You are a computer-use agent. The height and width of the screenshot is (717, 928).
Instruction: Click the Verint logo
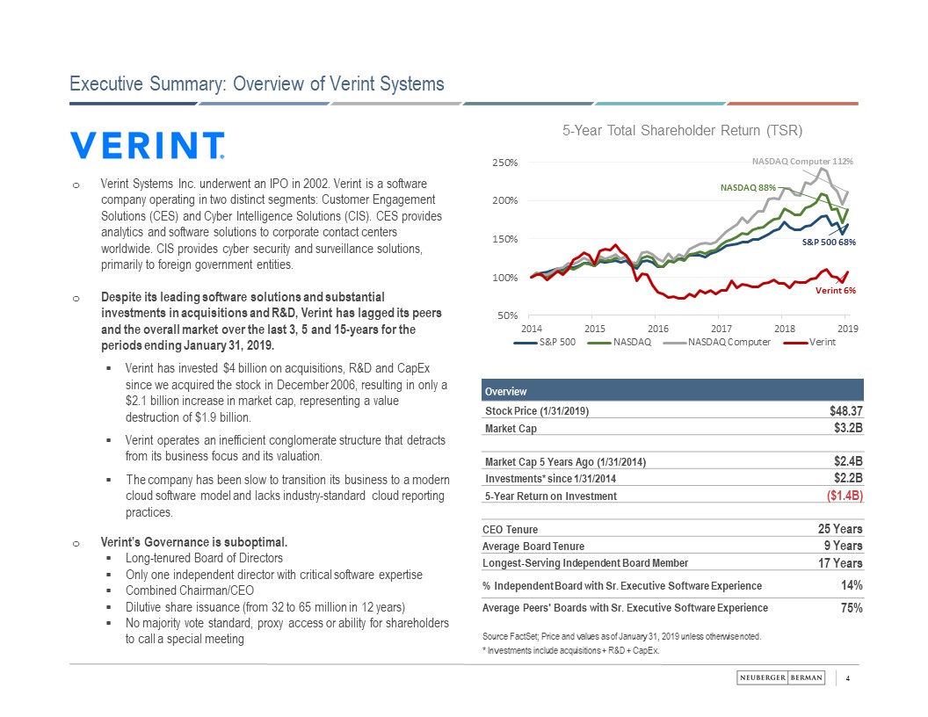(148, 146)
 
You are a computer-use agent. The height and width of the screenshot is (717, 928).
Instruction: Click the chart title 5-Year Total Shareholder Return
(682, 131)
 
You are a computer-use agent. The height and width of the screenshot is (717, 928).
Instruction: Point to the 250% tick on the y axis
(504, 163)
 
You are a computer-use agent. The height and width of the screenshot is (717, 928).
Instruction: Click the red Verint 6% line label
(836, 290)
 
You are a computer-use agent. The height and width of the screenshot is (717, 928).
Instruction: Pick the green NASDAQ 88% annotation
(748, 187)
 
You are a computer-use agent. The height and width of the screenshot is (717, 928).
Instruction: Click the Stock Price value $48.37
(846, 410)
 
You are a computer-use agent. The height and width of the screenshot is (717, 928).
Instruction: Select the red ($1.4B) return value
(842, 496)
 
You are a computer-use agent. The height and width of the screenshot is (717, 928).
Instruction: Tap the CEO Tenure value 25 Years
(840, 529)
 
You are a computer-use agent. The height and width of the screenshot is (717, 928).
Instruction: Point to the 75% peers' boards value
(851, 608)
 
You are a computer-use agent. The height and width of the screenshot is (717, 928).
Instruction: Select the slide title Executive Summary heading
(257, 83)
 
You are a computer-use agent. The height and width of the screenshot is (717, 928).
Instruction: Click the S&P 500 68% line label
(829, 242)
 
